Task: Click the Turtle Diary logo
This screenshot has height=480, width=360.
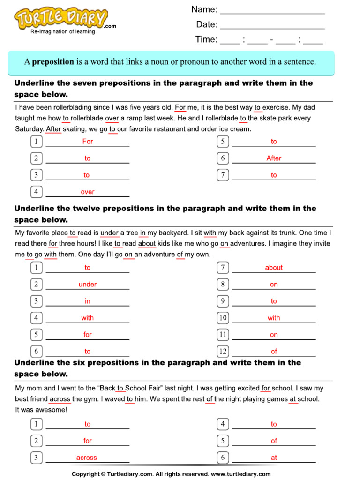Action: point(61,20)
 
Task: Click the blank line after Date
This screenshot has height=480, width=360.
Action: point(272,26)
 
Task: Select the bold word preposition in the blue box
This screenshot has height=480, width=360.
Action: point(53,61)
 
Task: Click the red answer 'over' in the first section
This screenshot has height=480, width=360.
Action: point(88,192)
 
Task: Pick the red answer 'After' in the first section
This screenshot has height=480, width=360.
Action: point(274,158)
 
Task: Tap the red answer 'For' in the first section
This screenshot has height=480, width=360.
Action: point(88,142)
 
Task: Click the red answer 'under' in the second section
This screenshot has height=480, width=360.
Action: point(88,285)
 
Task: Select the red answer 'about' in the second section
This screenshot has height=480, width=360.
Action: point(274,268)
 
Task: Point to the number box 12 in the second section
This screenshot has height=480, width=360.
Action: point(223,351)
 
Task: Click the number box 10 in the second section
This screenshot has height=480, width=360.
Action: point(223,318)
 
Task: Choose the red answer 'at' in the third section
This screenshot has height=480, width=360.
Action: point(274,457)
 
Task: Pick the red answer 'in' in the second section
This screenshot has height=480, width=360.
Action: point(88,301)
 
